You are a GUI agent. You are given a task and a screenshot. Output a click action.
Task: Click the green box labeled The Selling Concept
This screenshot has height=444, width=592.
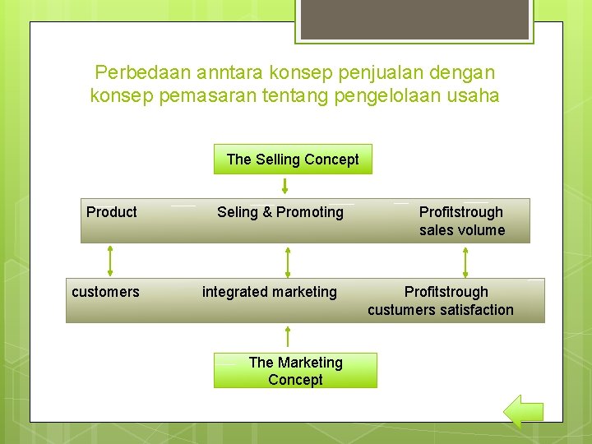coord(293,160)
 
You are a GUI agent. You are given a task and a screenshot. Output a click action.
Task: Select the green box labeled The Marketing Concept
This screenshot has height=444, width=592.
coord(295,371)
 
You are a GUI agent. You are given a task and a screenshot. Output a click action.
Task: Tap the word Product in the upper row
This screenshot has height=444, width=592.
coord(112,212)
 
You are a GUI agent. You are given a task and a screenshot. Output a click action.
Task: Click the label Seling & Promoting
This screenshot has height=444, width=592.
coord(280,212)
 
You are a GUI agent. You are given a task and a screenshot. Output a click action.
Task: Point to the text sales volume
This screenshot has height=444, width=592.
coord(462,230)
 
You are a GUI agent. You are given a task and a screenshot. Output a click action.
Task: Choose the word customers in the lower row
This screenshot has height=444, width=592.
coord(105,292)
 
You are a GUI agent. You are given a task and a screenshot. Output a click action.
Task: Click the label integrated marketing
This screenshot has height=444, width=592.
coord(270,292)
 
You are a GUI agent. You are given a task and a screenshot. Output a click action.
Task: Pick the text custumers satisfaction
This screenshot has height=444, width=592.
coord(441,310)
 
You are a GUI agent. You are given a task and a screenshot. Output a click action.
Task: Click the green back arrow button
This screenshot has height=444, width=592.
coord(522,411)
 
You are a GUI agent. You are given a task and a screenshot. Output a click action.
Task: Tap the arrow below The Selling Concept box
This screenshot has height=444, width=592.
coord(285,185)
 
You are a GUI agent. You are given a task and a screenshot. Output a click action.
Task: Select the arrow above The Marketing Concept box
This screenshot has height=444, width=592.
coord(287,337)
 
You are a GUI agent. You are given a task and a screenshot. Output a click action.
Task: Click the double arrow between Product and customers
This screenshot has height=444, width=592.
coord(109,261)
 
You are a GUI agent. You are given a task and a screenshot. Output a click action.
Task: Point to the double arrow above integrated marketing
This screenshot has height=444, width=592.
coord(287,261)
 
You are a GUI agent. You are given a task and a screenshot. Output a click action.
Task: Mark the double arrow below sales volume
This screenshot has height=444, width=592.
coord(465,261)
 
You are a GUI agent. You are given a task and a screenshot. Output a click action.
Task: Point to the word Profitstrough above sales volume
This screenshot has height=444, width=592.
coord(461,212)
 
